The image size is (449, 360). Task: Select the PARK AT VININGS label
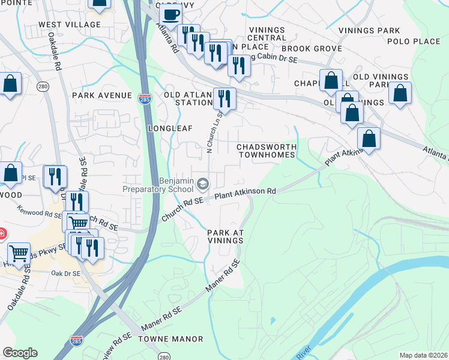coord(225,236)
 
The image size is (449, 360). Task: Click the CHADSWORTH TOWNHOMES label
coord(266,151)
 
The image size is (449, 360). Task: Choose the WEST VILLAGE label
coord(70,25)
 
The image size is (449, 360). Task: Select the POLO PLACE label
coord(414,41)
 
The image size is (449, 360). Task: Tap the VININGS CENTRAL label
coord(267,34)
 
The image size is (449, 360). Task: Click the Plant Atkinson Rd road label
coord(245,193)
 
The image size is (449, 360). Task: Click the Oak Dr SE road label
coord(65,273)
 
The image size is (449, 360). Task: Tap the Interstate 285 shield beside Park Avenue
coord(145,98)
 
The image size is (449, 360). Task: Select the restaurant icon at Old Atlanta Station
coord(224,98)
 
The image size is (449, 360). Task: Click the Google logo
coord(20,353)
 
